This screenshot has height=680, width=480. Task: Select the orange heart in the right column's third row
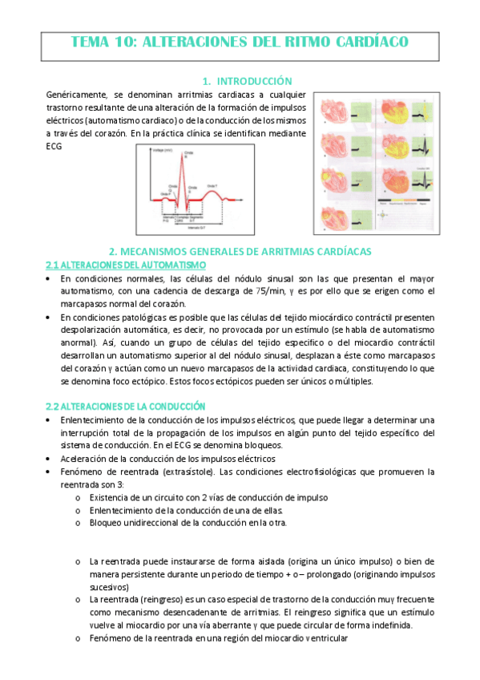pyautogui.click(x=398, y=185)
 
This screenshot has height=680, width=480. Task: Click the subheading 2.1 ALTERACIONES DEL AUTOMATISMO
pyautogui.click(x=126, y=265)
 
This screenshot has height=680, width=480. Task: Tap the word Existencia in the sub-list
pyautogui.click(x=111, y=497)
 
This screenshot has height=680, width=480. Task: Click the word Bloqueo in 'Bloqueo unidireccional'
pyautogui.click(x=107, y=523)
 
